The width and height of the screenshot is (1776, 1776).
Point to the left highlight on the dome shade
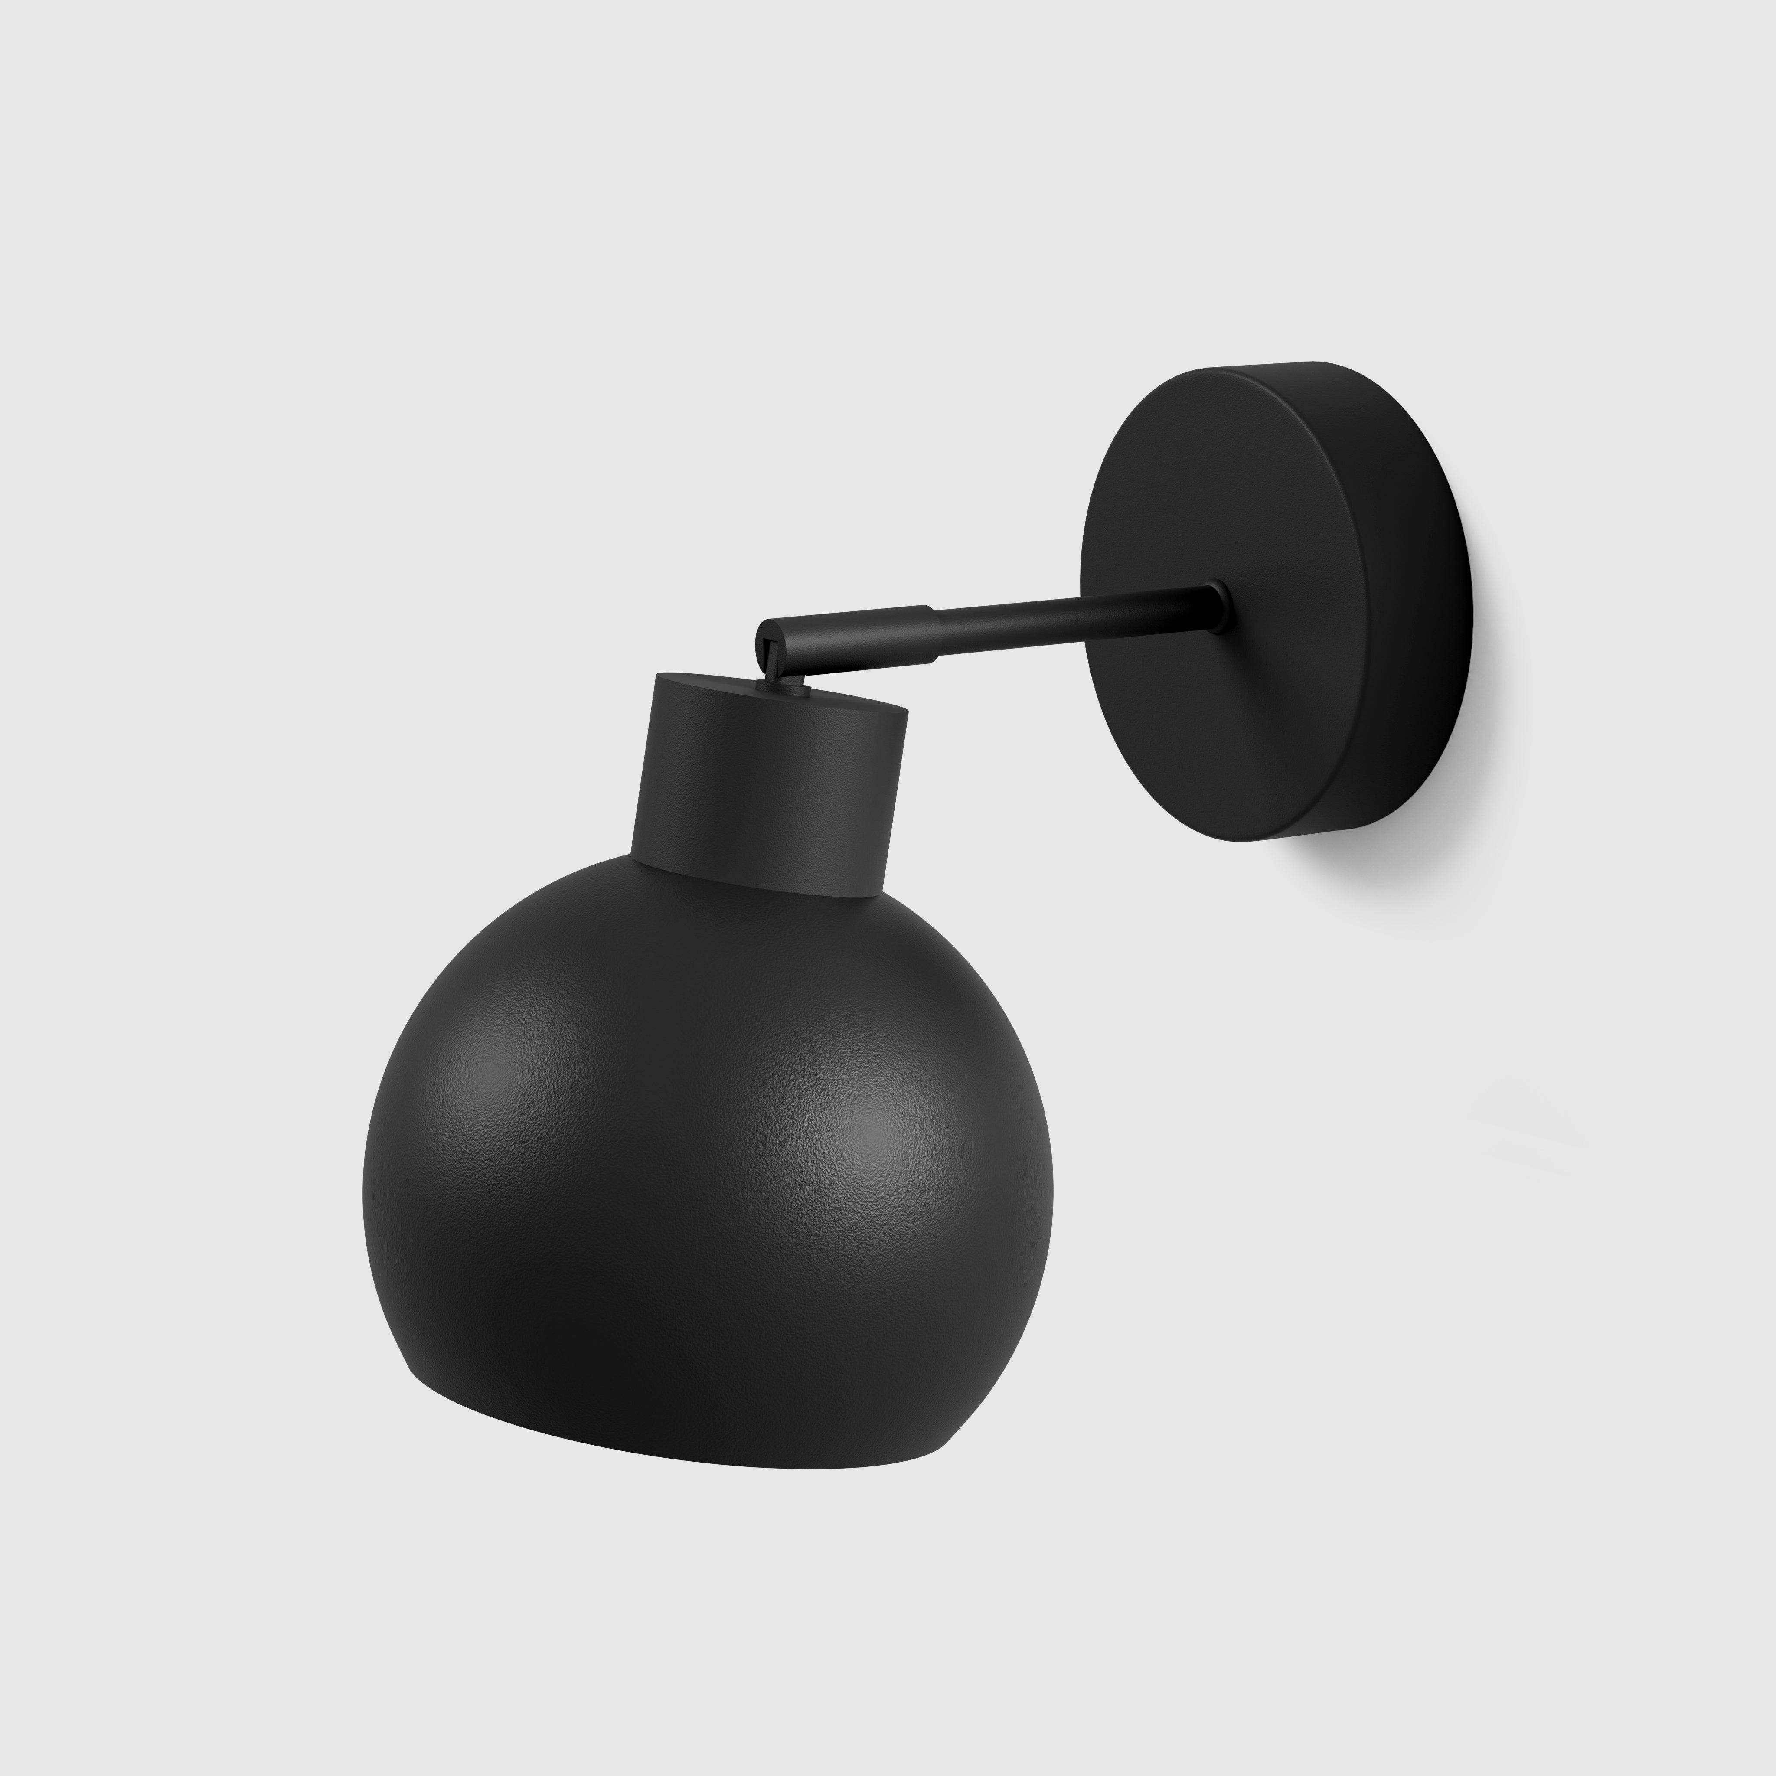tap(515, 1066)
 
